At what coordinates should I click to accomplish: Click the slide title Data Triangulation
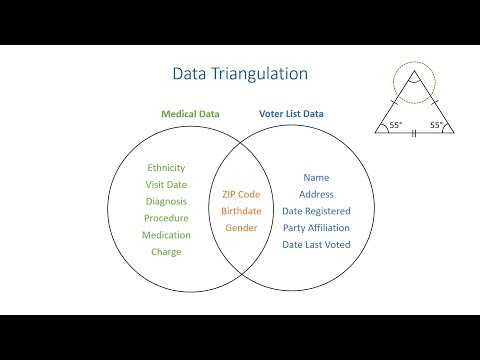coord(240,74)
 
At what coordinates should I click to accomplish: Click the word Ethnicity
coord(166,168)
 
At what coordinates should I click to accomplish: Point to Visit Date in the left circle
coord(166,185)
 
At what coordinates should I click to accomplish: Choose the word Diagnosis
coord(166,201)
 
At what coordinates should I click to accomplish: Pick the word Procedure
coord(166,218)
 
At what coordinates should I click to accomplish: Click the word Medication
coord(166,235)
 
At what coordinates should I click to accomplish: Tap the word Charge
coord(166,252)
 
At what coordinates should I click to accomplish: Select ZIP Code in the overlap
coord(241,194)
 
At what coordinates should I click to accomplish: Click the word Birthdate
coord(241,211)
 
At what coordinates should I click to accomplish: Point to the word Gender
coord(241,228)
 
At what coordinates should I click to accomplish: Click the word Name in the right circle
coord(316,177)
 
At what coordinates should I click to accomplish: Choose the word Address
coord(316,194)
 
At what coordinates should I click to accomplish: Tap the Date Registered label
coord(316,211)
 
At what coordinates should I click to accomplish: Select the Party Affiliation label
coord(316,228)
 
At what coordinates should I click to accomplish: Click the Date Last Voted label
coord(316,245)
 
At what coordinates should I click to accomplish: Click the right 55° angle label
coord(436,125)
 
